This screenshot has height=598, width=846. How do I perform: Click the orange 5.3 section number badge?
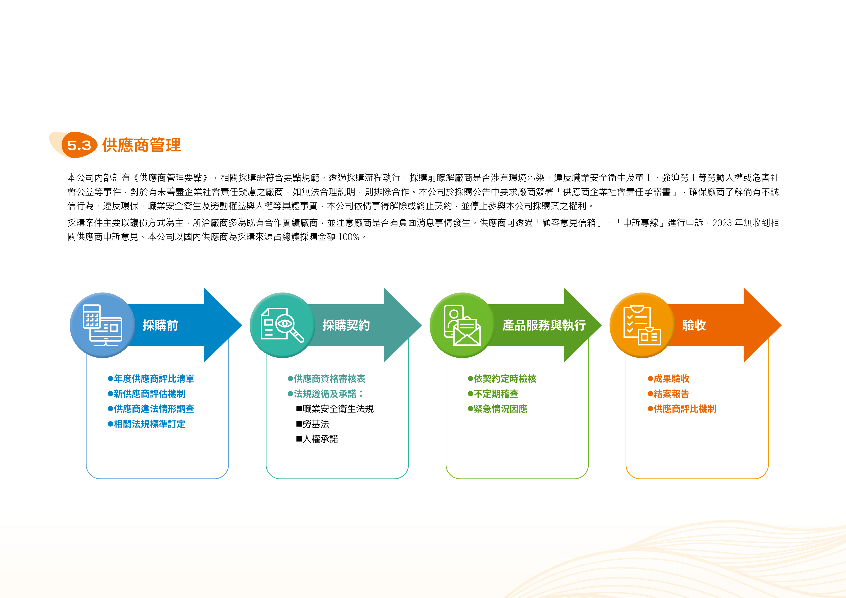[x=79, y=145]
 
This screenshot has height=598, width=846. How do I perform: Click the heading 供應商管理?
[x=142, y=145]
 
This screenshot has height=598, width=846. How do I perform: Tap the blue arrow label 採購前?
[x=160, y=325]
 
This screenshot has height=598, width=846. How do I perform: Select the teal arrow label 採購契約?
[x=346, y=325]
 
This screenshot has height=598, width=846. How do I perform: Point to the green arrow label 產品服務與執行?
[x=544, y=325]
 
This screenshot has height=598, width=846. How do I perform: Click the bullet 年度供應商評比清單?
[x=151, y=379]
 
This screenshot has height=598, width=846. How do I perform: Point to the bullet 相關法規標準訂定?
[x=147, y=424]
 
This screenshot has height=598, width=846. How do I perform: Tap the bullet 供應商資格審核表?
[x=327, y=379]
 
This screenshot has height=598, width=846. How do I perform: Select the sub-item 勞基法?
[x=313, y=424]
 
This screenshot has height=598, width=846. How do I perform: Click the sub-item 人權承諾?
[x=317, y=439]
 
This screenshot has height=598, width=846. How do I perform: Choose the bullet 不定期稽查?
[x=493, y=394]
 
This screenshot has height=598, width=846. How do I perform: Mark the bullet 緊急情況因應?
[x=498, y=409]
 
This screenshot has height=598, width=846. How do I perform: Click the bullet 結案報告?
[x=669, y=394]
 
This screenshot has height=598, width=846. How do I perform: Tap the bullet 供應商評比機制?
[x=682, y=409]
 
